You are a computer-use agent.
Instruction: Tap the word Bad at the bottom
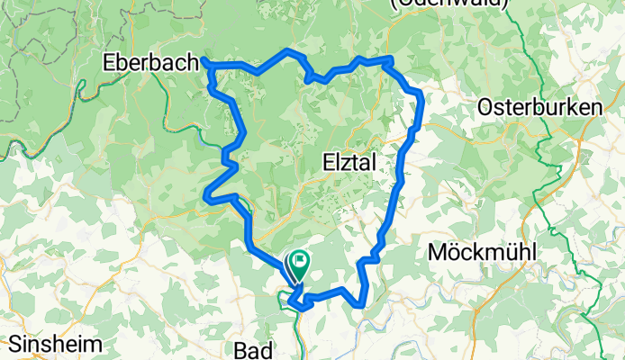[253, 348]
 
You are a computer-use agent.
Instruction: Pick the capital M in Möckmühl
[439, 252]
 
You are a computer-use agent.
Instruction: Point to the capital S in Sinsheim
[16, 343]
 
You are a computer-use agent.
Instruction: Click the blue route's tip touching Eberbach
[205, 61]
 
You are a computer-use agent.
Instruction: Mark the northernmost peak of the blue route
[288, 50]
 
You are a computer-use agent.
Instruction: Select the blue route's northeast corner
[419, 94]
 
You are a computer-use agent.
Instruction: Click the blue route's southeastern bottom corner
[363, 304]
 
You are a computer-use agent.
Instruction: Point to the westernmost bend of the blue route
[207, 194]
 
